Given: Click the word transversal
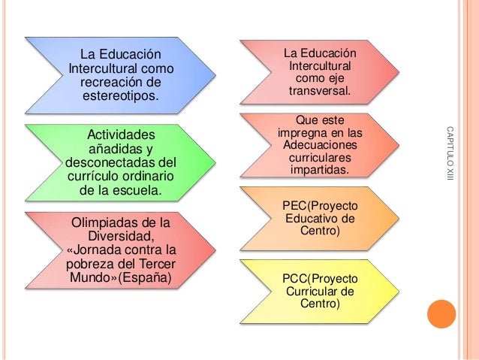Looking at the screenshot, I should (x=318, y=91).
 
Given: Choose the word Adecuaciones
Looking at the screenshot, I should (x=318, y=144).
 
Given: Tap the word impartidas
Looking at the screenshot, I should (x=318, y=171).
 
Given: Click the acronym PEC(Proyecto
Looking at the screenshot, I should (x=320, y=205).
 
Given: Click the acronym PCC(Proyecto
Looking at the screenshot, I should (x=320, y=277).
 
